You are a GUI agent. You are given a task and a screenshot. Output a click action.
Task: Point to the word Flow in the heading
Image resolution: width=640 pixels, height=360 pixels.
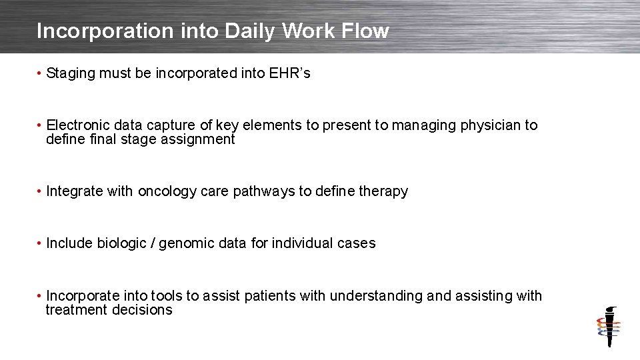[x=366, y=31]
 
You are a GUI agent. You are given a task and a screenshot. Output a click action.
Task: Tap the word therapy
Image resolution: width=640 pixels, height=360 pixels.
[x=383, y=192]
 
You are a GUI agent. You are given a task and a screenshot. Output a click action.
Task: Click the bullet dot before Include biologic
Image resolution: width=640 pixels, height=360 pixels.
[x=41, y=243]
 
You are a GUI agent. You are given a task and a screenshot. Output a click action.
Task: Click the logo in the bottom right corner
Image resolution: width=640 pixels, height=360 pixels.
[x=608, y=327]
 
